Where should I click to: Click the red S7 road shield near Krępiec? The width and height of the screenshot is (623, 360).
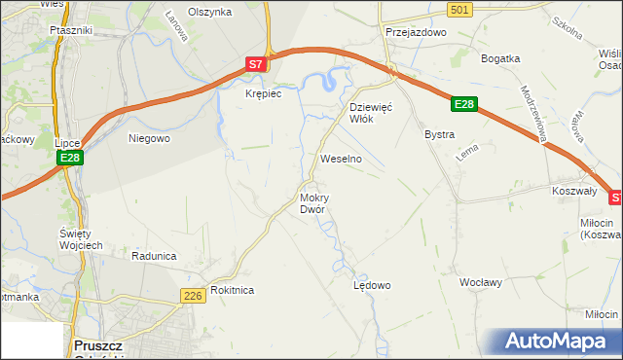tap(255, 64)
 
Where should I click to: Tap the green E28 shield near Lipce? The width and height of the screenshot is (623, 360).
tap(68, 157)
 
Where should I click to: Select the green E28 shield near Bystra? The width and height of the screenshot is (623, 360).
tap(464, 104)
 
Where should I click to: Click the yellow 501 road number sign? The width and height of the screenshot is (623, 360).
tap(461, 9)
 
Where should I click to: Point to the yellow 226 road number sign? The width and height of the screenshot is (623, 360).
tap(192, 294)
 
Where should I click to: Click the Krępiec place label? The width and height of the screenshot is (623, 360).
tap(263, 94)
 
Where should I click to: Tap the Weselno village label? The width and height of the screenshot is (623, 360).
tap(341, 158)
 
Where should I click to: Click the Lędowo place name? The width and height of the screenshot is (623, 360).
tap(371, 285)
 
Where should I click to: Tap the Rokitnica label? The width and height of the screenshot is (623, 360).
tap(232, 290)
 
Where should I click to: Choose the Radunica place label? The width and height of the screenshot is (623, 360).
tap(154, 256)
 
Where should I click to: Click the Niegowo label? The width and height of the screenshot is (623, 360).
tap(149, 138)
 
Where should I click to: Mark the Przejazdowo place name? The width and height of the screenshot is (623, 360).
tap(415, 32)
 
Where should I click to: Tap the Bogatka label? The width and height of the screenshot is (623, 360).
tap(500, 58)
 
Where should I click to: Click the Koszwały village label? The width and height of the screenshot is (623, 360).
tap(573, 192)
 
